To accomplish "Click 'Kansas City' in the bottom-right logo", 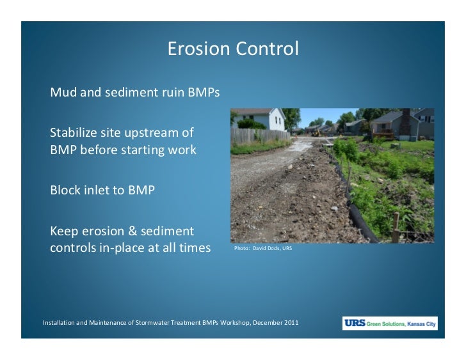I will point(420,325).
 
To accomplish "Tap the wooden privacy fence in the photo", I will point(256,137).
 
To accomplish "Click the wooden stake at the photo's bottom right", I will point(398,227).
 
